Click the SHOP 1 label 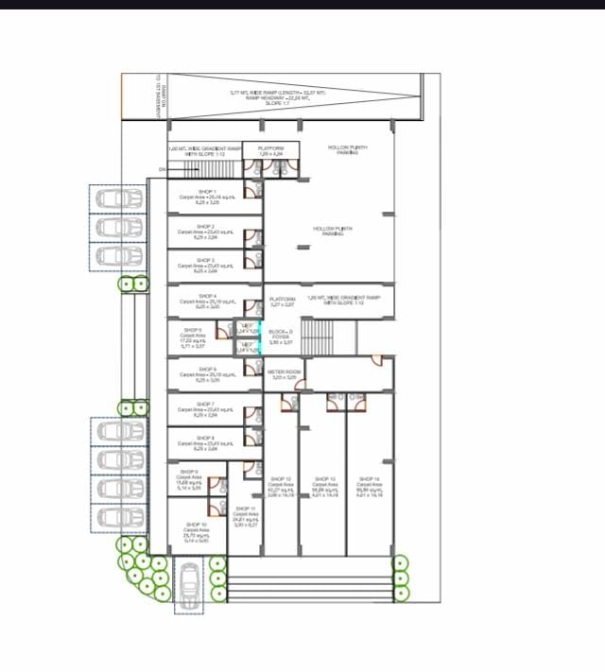coord(206,192)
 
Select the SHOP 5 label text coord(193,330)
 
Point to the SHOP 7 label coord(206,404)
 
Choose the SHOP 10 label coord(196,524)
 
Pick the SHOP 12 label coord(281,479)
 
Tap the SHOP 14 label coord(369,479)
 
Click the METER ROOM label coord(285,372)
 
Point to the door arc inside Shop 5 coord(221,331)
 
